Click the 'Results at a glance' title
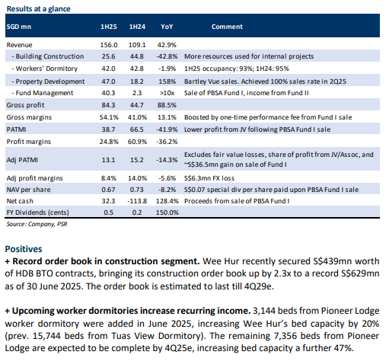click(x=38, y=9)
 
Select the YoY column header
click(x=167, y=27)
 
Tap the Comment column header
click(x=227, y=27)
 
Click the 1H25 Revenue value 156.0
click(x=109, y=45)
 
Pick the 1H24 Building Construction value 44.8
click(x=137, y=56)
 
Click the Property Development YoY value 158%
click(x=167, y=81)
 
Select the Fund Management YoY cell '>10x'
click(x=167, y=93)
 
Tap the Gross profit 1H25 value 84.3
click(x=108, y=105)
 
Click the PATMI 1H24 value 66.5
click(x=137, y=129)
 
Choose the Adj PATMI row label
click(x=22, y=160)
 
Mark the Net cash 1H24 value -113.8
click(x=137, y=201)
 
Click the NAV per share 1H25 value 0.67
click(x=108, y=190)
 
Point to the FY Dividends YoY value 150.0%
click(x=167, y=212)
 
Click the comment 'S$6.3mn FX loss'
click(x=209, y=178)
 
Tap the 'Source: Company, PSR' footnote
click(x=37, y=224)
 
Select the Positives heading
click(x=24, y=249)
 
